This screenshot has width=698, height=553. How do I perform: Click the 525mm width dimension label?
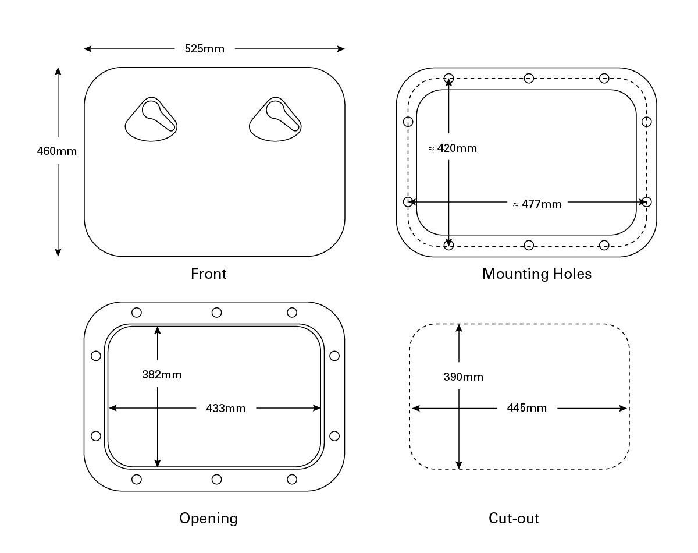(204, 49)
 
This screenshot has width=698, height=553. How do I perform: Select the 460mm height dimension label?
(57, 151)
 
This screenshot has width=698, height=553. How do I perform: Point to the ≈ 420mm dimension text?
(453, 148)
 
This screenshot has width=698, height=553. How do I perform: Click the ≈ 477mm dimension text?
(537, 204)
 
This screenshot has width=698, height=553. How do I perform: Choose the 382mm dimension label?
(162, 375)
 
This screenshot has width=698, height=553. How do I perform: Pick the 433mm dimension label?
(226, 409)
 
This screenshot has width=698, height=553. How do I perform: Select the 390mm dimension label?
(463, 377)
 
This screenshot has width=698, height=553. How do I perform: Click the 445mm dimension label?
(526, 408)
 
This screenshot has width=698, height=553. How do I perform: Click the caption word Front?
(208, 274)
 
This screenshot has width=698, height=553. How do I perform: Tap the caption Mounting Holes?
(536, 274)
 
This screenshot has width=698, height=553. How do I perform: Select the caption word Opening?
(208, 518)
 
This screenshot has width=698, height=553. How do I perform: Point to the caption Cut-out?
(514, 518)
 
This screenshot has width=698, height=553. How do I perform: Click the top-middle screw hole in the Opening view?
(216, 313)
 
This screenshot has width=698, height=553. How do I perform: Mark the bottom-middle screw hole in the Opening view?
(216, 479)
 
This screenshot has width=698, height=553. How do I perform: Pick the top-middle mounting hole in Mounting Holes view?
(529, 78)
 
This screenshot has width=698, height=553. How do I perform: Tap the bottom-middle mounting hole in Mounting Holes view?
(529, 245)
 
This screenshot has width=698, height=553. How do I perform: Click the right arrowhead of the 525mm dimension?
(341, 49)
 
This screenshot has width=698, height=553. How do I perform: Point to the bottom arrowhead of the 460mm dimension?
(58, 252)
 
